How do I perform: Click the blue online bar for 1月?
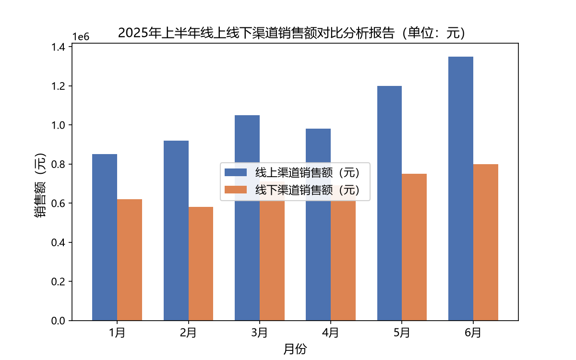[x=105, y=237]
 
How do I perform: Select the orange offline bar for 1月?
[x=130, y=260]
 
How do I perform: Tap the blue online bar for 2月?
[x=176, y=231]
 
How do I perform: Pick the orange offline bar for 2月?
[x=201, y=264]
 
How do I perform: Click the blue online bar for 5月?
[x=390, y=204]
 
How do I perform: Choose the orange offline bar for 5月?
[x=414, y=247]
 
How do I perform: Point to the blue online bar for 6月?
[x=461, y=189]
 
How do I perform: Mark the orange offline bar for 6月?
[x=486, y=242]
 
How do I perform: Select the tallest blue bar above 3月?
[x=247, y=218]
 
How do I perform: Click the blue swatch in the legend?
[x=236, y=172]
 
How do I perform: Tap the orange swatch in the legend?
[x=236, y=190]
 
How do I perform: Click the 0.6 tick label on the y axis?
[x=58, y=204]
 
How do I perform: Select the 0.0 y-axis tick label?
[x=58, y=321]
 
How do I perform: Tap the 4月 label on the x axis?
[x=330, y=333]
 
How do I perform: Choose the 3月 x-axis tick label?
[x=260, y=333]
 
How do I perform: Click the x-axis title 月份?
[x=295, y=349]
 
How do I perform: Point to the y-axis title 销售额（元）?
[x=40, y=185]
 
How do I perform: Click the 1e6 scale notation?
[x=81, y=37]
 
